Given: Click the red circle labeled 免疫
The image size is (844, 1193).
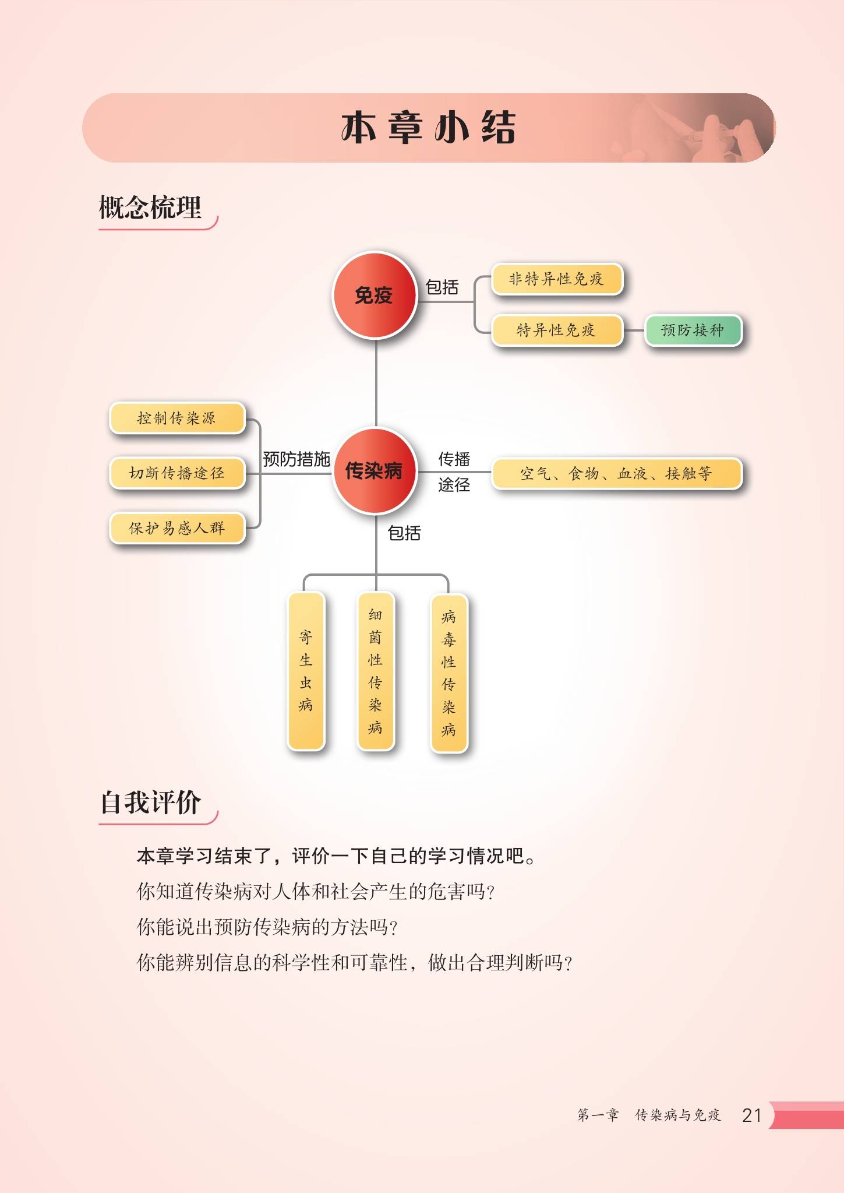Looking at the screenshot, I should coord(375,295).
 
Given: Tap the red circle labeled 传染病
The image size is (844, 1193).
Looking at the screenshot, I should coord(375,471).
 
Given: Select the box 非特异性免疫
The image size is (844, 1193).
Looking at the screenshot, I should coord(557,279).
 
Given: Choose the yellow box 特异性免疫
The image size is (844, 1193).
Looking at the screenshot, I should coord(557,330).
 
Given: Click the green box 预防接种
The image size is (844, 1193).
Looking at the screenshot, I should coord(693,330).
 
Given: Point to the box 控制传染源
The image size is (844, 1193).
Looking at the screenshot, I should coord(177,418).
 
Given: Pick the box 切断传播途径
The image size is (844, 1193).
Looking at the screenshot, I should coord(177,473).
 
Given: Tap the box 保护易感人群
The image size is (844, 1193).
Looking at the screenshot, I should coord(177,528).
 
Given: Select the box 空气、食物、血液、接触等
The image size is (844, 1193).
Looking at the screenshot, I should coord(616,473).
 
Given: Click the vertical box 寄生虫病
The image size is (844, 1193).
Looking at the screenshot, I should coord(306,671).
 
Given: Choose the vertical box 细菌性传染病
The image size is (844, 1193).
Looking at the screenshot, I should coord(375,671).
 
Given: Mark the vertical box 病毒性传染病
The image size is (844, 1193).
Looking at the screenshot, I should coord(449,673).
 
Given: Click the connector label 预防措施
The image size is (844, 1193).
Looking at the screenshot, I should coord(296,459).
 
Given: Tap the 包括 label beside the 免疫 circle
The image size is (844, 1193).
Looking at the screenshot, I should coord(442,287).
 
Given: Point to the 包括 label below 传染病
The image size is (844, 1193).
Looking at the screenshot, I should coord(404,533).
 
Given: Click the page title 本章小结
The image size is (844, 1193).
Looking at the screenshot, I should coord(428,128).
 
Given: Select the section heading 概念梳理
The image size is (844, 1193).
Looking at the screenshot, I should coord(150,208).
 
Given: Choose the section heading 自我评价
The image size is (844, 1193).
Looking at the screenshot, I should coord(151,803).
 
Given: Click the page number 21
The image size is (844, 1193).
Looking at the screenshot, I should coord(751,1115).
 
